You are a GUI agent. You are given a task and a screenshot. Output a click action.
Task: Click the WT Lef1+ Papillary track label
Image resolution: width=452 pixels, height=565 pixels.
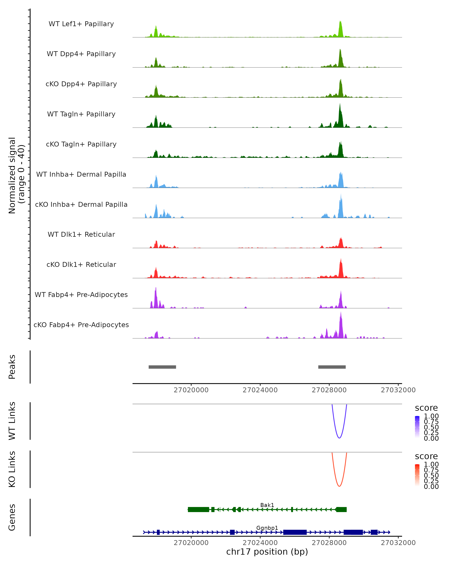[x=81, y=24]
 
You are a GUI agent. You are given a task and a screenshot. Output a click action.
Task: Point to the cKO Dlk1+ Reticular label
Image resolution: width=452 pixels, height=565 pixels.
[x=81, y=264]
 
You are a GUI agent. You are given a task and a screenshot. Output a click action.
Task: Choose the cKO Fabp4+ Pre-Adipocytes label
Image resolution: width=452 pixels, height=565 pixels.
[x=81, y=325]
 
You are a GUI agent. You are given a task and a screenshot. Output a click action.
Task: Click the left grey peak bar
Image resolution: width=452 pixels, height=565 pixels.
[x=162, y=367]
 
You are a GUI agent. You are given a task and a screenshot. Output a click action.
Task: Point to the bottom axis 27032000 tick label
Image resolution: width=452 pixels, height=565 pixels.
[x=398, y=543]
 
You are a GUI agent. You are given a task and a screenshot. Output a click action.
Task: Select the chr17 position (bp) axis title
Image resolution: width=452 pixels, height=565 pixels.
[x=267, y=552]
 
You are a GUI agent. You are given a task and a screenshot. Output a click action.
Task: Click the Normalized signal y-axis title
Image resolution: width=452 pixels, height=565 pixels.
[x=16, y=175]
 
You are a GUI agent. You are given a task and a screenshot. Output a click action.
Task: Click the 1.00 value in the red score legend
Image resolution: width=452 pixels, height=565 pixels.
[x=431, y=464]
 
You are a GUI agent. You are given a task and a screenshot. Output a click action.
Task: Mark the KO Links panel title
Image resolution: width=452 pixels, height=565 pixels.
[x=12, y=469]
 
